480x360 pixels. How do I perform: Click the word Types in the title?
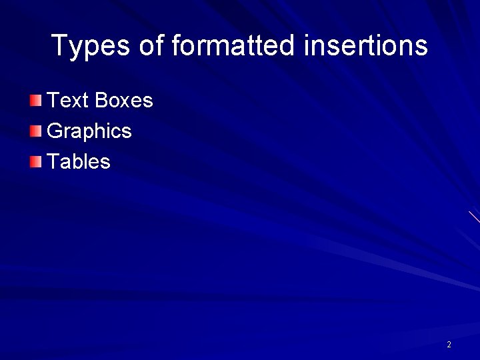pos(91,46)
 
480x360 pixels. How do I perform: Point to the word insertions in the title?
pos(365,46)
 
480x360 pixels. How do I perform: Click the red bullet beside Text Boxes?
pos(35,101)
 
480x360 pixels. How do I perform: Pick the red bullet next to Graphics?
pos(35,131)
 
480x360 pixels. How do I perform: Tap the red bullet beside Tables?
pos(35,161)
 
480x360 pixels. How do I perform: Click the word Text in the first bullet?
pos(68,101)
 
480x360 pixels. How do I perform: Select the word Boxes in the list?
pos(124,101)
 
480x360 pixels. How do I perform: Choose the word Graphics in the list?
pos(89,131)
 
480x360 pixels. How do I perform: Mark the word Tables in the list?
pos(79,161)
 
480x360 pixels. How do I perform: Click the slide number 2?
pos(449,345)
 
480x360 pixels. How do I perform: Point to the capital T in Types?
pos(59,46)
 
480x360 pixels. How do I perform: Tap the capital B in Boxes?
pos(101,101)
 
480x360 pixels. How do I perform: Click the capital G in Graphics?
pos(55,131)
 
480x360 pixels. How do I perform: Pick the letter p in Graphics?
pos(87,133)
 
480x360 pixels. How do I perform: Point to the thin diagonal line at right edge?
pos(474,217)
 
